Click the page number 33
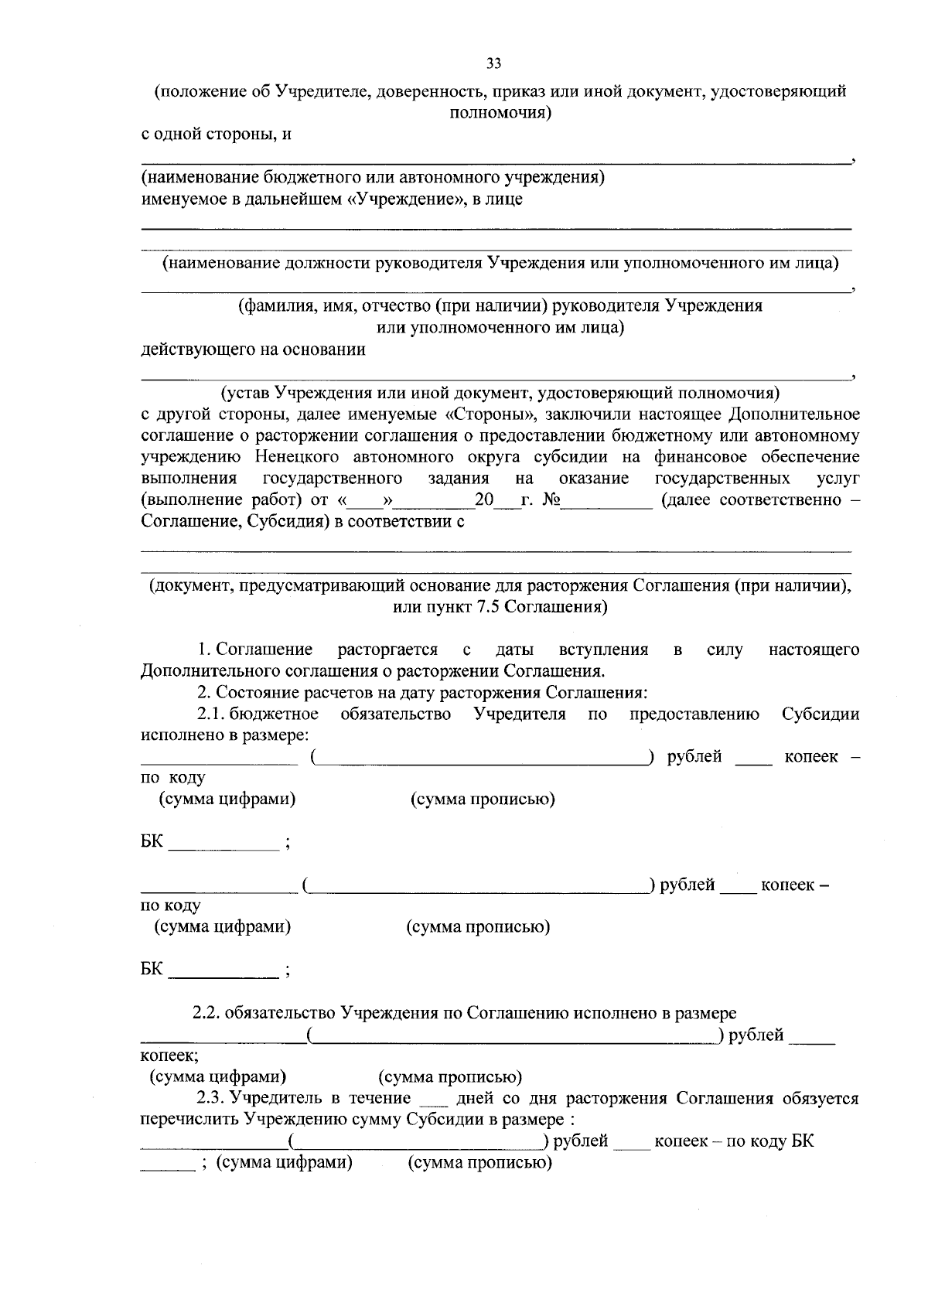point(494,63)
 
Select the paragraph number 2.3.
point(210,1098)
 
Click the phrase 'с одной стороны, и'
point(216,134)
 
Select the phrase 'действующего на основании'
point(253,350)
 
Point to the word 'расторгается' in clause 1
point(387,650)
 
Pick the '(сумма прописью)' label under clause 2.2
point(450,1077)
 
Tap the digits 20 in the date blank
point(484,500)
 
